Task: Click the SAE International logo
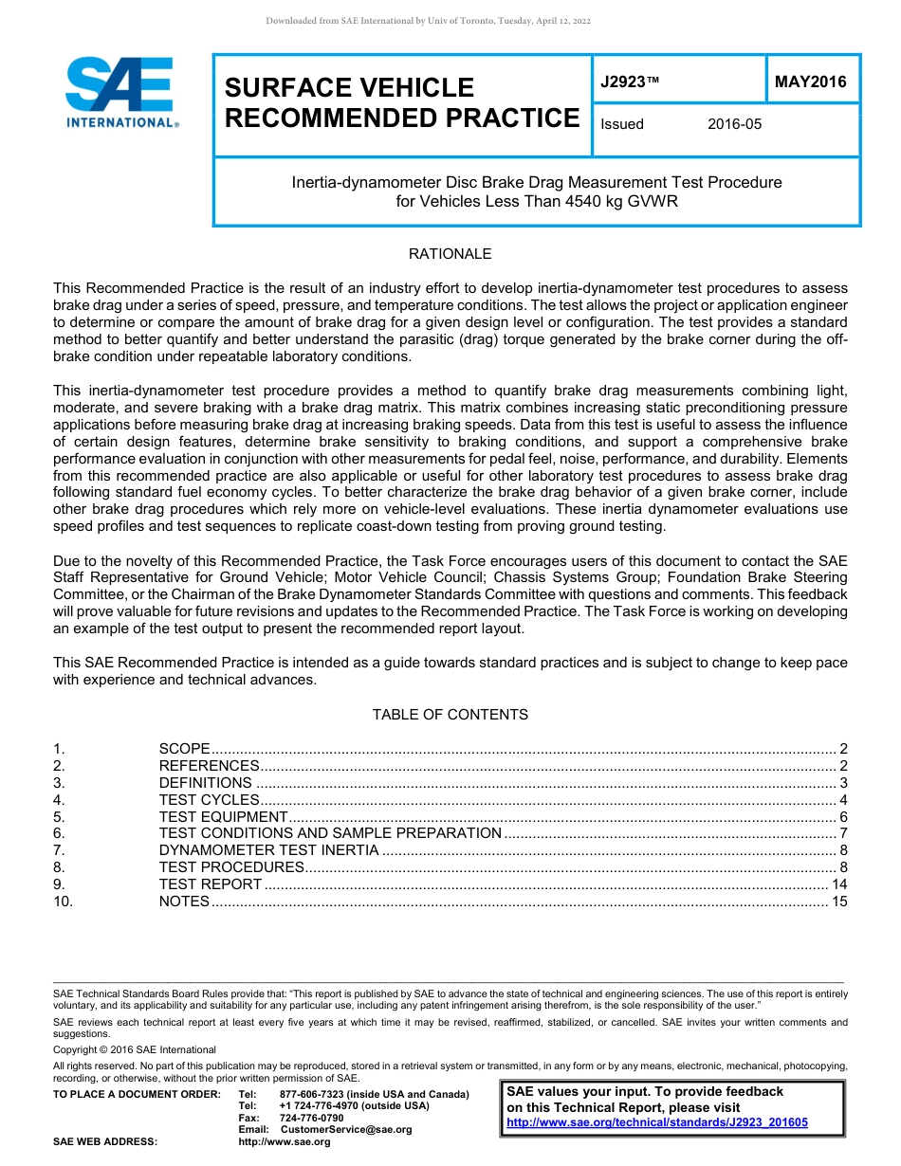point(121,92)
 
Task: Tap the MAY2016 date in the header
point(810,82)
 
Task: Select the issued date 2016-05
point(734,124)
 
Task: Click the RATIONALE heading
point(450,254)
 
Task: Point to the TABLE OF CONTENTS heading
point(450,714)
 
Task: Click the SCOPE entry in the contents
point(184,749)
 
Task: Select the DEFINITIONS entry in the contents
point(205,783)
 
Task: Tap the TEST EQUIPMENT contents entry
point(223,817)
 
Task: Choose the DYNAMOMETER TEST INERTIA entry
point(268,850)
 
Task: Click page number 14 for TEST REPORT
point(838,884)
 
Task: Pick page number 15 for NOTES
point(838,902)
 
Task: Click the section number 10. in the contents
point(64,902)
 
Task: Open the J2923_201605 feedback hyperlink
point(657,1122)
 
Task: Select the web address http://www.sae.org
point(285,1141)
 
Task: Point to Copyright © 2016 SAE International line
point(135,1049)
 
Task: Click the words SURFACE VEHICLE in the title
point(349,87)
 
